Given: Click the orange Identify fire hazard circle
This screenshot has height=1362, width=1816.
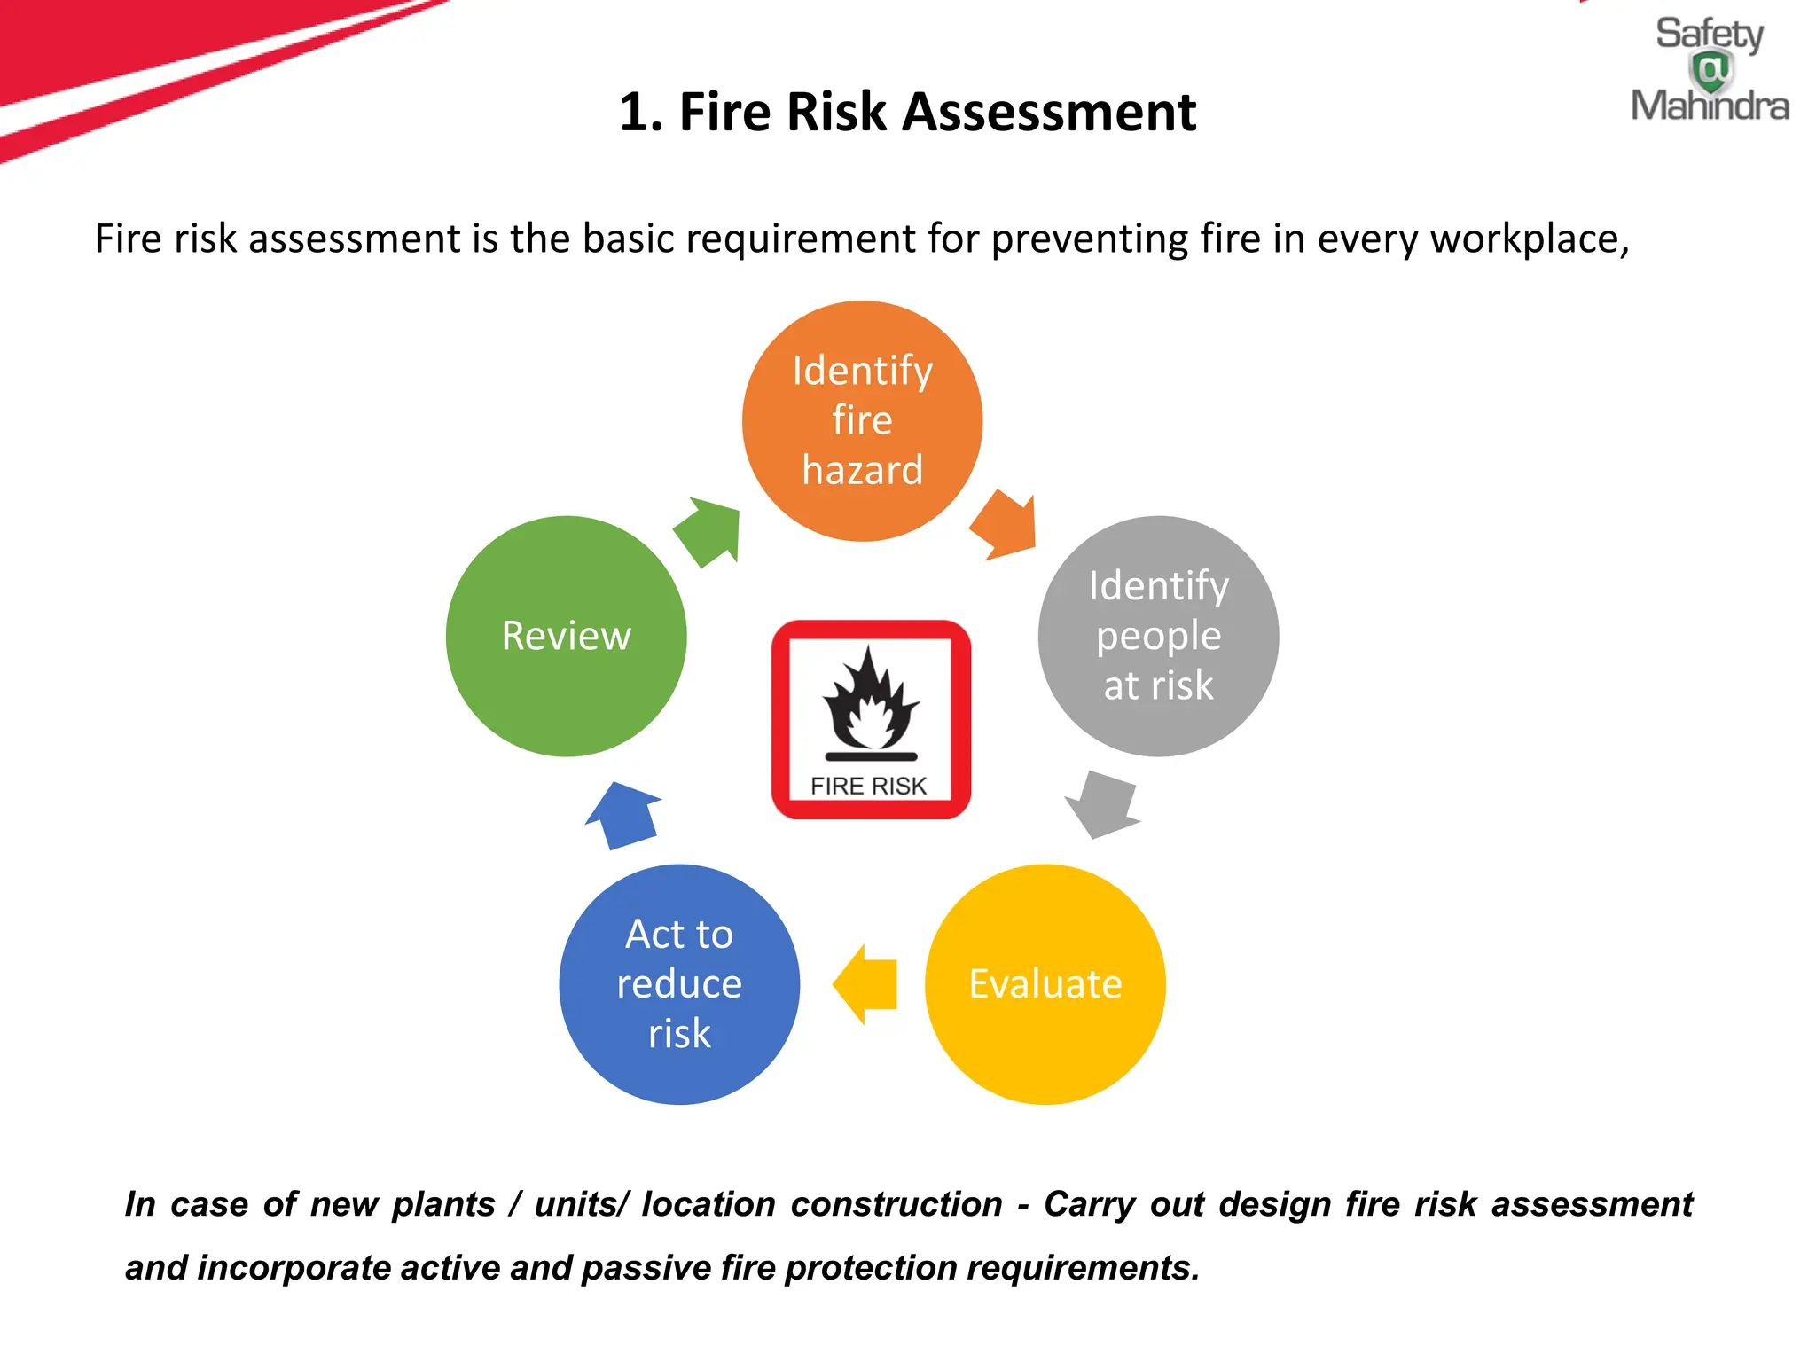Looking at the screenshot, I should [862, 421].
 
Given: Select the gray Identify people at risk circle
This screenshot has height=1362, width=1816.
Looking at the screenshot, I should [1158, 636].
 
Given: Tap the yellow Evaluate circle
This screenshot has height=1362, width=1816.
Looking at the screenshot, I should [1045, 984].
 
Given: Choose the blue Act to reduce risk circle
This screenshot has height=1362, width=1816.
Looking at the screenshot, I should [679, 984].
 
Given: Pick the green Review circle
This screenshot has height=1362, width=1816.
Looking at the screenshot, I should [566, 636].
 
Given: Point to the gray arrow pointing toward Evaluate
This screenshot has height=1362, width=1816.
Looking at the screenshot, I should [1102, 803].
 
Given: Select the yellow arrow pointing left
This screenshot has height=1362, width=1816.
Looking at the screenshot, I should [865, 984].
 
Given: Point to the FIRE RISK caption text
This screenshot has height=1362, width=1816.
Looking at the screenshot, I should [868, 787].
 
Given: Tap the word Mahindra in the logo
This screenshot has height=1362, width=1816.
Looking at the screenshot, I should [1709, 106].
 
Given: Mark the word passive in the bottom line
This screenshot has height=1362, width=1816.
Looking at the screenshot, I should [646, 1268].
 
